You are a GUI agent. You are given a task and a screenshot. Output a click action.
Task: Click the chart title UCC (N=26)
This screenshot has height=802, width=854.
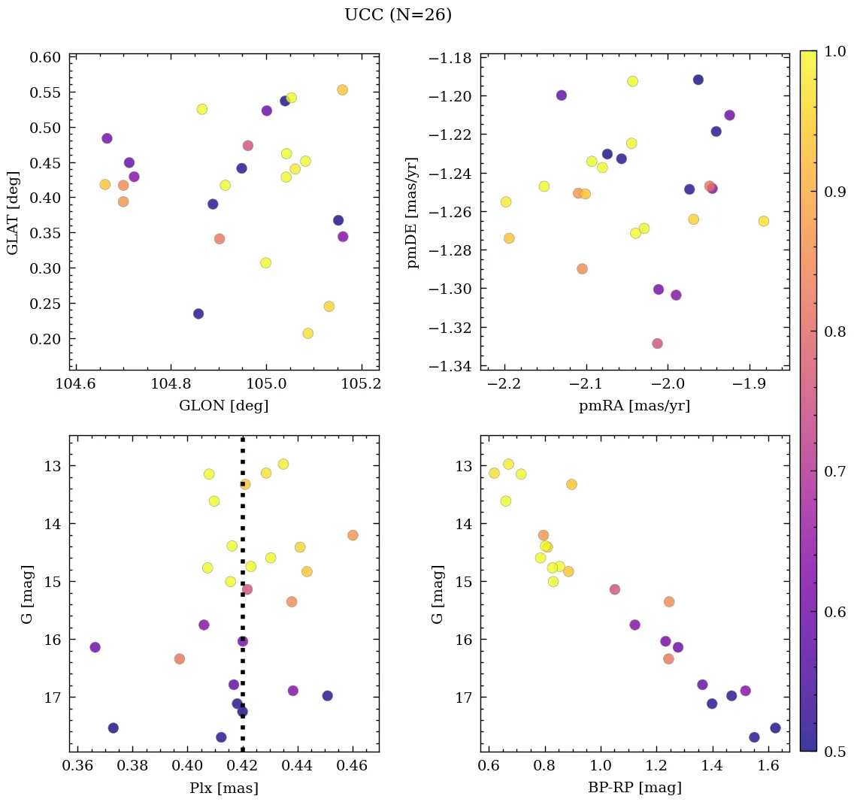click(x=398, y=15)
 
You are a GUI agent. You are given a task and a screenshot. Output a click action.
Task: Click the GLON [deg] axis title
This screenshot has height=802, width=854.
click(x=223, y=406)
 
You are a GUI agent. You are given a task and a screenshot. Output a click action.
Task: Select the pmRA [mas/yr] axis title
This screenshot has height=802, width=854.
click(x=634, y=406)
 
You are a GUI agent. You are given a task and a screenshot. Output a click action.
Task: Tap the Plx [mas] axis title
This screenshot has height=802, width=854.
click(x=223, y=788)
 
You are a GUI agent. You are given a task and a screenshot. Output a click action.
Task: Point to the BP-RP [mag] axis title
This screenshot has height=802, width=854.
click(x=634, y=788)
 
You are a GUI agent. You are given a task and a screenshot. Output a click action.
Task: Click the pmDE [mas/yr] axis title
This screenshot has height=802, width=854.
click(x=412, y=213)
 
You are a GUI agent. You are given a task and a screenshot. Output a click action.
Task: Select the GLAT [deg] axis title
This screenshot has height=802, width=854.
click(x=13, y=213)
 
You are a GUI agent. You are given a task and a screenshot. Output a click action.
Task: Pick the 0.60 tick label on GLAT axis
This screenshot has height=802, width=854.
click(x=45, y=58)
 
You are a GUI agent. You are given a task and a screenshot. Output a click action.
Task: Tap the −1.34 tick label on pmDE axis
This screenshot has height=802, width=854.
click(x=450, y=366)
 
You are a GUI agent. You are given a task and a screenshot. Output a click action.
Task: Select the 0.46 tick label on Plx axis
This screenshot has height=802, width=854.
click(x=352, y=767)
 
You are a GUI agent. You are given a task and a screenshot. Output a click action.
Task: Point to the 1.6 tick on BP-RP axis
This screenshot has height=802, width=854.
click(x=768, y=767)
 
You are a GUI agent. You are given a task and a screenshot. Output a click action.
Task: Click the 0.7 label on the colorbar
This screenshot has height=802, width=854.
click(x=829, y=471)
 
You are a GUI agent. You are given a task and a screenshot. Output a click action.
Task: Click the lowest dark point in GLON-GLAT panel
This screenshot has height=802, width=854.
click(x=198, y=313)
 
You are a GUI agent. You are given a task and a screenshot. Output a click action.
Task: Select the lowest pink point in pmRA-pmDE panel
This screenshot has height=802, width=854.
click(x=658, y=343)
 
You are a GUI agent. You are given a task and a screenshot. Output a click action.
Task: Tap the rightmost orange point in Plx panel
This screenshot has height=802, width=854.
click(x=353, y=535)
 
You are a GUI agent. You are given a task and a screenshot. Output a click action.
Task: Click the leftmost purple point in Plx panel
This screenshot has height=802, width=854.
click(x=95, y=647)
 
